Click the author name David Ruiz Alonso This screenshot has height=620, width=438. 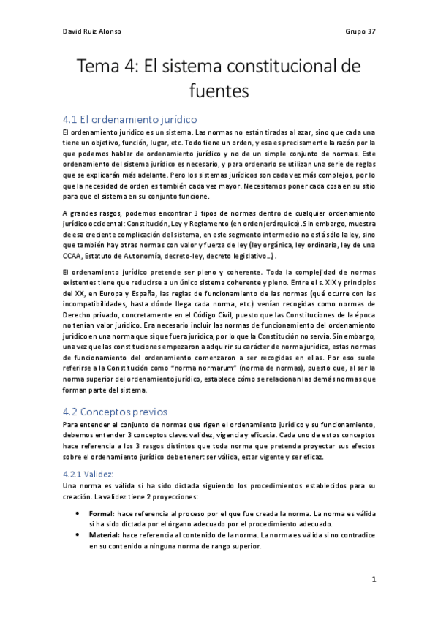(93, 32)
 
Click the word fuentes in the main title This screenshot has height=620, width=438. (219, 92)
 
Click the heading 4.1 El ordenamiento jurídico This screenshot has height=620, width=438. (129, 118)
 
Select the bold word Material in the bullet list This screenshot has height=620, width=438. (116, 535)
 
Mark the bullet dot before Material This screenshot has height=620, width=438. (87, 535)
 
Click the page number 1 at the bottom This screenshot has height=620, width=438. (373, 581)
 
